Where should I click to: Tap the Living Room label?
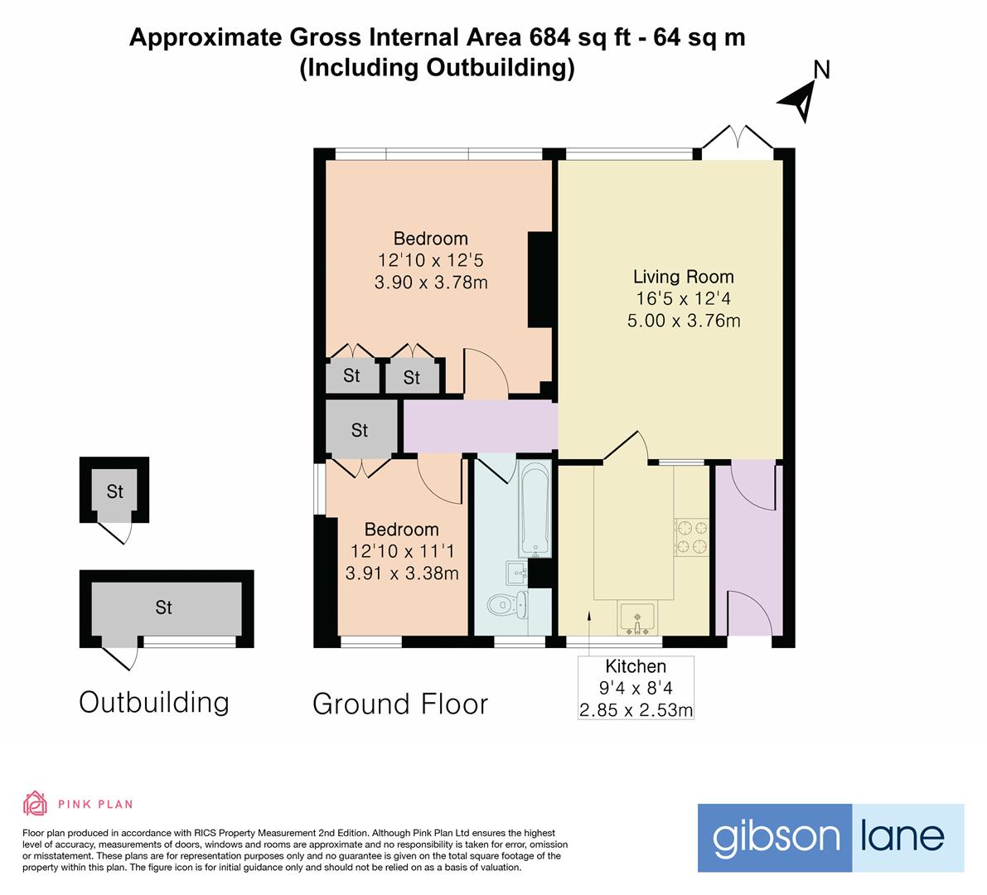(683, 277)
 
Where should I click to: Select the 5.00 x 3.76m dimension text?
(683, 320)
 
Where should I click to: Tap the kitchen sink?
(636, 617)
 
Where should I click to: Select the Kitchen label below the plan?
(636, 666)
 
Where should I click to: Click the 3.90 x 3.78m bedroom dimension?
(430, 283)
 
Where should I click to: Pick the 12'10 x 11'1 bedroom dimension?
(402, 551)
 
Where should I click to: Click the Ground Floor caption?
(400, 704)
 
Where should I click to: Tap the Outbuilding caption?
(154, 703)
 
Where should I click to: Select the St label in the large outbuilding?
(163, 607)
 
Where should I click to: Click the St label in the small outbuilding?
(114, 491)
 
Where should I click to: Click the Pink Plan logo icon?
(35, 803)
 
